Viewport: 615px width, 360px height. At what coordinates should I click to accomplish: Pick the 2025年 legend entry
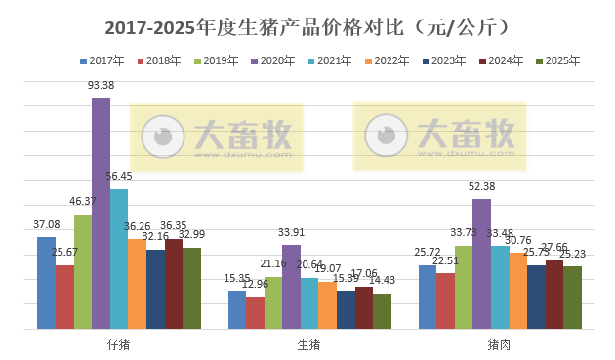click(x=555, y=61)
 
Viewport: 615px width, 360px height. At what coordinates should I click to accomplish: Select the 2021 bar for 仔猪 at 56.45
click(x=119, y=259)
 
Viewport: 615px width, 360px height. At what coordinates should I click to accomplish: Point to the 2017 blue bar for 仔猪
click(x=46, y=283)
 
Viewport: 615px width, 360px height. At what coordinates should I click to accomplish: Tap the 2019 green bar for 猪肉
click(x=463, y=287)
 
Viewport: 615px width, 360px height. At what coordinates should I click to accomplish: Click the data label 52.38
click(x=481, y=186)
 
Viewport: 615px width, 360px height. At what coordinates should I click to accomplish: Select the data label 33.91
click(x=291, y=232)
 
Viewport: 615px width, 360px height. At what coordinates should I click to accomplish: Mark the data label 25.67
click(x=64, y=253)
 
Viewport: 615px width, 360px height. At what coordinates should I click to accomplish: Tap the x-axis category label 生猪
click(x=308, y=344)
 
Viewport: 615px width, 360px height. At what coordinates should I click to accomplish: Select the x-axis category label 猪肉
click(x=499, y=344)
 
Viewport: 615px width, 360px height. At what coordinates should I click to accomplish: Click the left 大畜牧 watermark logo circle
click(x=163, y=137)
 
